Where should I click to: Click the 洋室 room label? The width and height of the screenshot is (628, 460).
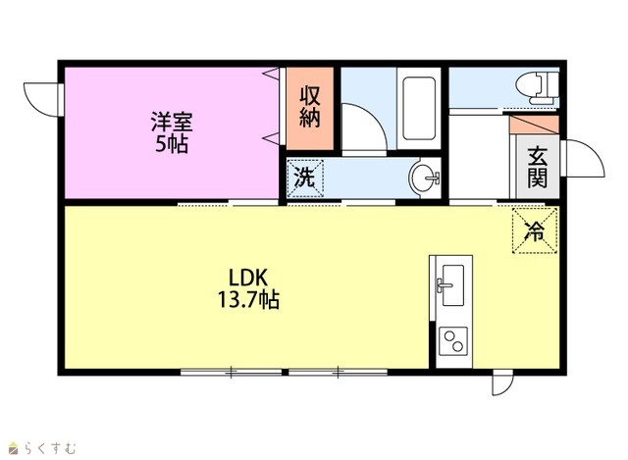pos(172,122)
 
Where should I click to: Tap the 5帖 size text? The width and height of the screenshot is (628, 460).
pos(172,144)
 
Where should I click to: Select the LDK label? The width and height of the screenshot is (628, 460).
pos(248,277)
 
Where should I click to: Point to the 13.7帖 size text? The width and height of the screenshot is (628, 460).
pos(248,299)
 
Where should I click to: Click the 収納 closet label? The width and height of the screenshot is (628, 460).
pos(310,107)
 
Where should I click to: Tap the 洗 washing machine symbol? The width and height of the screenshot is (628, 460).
pos(305,179)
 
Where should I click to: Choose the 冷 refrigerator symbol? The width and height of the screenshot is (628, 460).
pos(535,230)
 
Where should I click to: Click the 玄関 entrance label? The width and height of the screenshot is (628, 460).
pos(538,167)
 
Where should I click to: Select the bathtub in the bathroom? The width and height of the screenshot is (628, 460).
pos(419,108)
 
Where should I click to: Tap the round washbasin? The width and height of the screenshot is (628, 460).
pos(424,178)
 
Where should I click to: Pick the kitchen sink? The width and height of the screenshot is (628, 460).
pos(452,285)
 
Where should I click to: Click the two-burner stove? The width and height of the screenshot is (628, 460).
pos(453,341)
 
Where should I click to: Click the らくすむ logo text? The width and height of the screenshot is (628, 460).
pos(50,448)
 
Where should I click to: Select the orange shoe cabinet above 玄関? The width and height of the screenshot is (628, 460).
pos(534,125)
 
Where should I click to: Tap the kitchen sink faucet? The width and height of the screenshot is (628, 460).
pos(444,285)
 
